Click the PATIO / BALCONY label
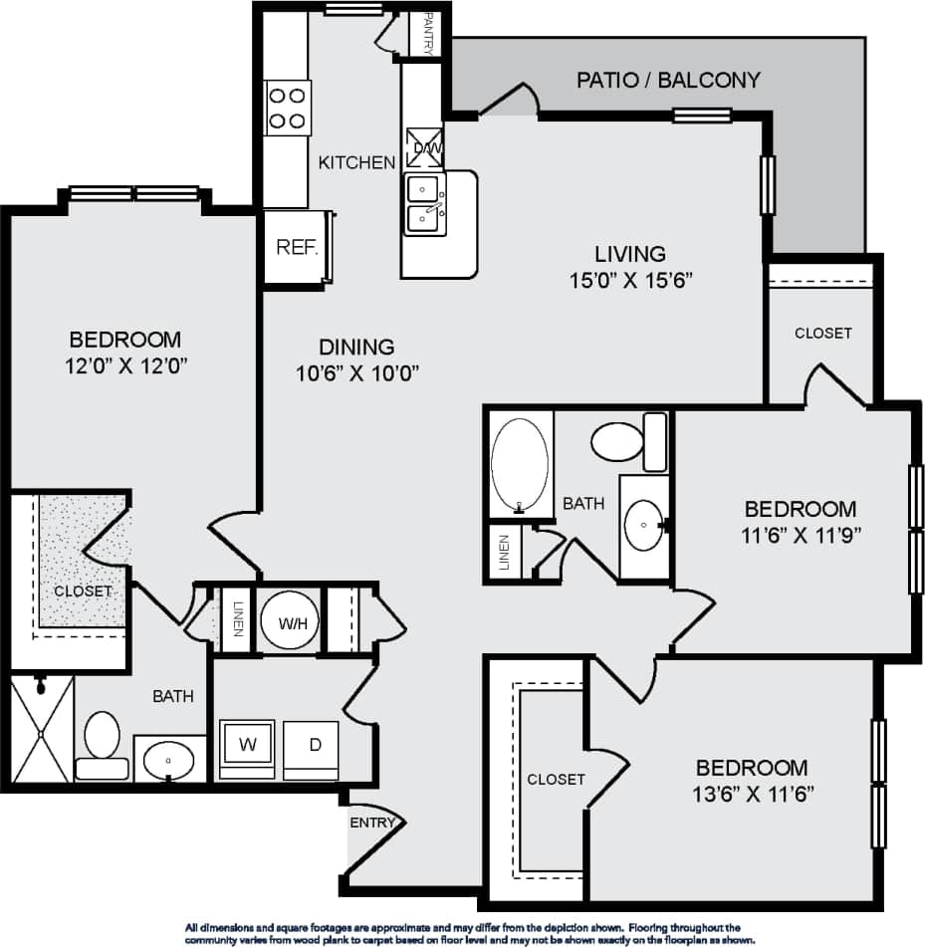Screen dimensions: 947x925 click(668, 80)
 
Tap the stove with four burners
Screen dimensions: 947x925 click(288, 108)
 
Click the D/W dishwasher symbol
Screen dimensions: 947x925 click(425, 147)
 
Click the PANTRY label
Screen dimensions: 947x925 click(429, 33)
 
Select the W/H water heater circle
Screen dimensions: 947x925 click(291, 624)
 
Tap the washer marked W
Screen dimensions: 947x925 click(246, 744)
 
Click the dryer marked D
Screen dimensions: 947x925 click(312, 744)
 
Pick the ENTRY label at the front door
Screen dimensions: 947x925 click(373, 823)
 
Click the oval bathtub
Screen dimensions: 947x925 click(520, 464)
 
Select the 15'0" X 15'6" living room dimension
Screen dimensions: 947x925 click(629, 279)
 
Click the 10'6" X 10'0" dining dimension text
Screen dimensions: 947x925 click(356, 373)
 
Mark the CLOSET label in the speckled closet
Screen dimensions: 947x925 click(83, 591)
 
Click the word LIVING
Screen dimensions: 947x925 click(630, 254)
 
